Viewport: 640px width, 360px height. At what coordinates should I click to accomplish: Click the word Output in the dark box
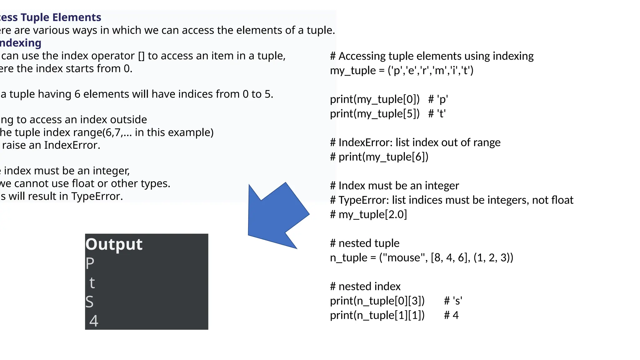(x=114, y=244)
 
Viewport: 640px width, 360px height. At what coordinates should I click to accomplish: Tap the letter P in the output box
(x=90, y=263)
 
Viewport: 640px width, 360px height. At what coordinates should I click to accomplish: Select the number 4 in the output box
(x=94, y=321)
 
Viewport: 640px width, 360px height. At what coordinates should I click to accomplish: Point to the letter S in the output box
(x=89, y=302)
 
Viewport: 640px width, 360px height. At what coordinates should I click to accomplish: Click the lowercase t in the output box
(x=92, y=283)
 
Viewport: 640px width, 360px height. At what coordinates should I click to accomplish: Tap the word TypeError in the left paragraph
(x=96, y=196)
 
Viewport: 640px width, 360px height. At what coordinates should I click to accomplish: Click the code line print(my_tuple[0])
(x=375, y=99)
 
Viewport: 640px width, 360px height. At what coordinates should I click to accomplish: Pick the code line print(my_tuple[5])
(x=375, y=114)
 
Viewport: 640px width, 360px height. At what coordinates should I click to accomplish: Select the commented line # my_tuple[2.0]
(x=368, y=215)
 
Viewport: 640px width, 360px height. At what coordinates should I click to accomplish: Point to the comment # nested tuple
(x=365, y=243)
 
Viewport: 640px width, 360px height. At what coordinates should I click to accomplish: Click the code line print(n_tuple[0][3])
(x=377, y=301)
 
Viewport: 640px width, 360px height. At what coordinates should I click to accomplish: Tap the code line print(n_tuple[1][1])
(x=377, y=315)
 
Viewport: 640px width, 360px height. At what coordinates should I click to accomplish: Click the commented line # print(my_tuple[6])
(x=379, y=157)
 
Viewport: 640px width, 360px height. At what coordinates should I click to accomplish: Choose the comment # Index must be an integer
(x=394, y=186)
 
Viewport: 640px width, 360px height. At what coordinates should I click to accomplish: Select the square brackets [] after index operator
(x=141, y=56)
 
